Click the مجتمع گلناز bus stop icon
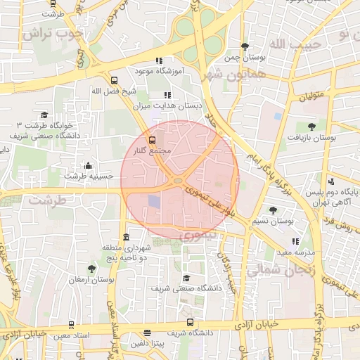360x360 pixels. pos(153,141)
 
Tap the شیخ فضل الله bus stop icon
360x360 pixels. pos(115,80)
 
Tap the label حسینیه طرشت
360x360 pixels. pos(89,176)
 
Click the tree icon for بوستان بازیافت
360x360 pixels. pos(311,127)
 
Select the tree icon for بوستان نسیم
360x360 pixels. pos(273,210)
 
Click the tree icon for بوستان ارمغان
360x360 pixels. pos(91,269)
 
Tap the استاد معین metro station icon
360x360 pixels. pos(71,325)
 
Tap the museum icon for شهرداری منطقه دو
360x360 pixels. pos(126,238)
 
